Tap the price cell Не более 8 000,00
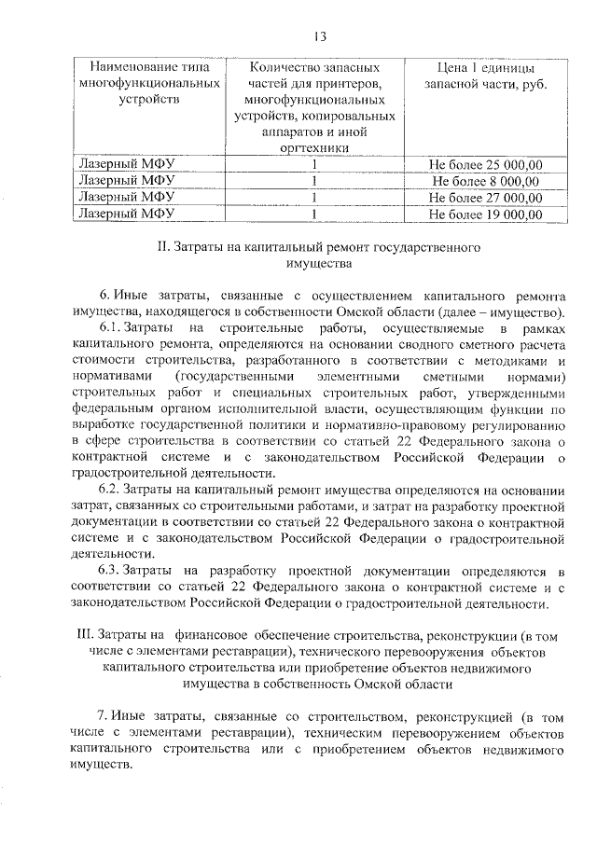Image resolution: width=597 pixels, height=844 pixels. coord(485,181)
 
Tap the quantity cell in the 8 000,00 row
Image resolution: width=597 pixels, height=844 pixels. coord(316,181)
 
